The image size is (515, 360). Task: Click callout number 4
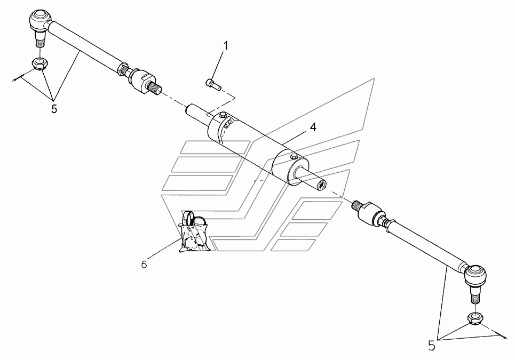click(313, 127)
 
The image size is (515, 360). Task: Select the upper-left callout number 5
click(54, 109)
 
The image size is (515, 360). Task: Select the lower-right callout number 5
click(431, 346)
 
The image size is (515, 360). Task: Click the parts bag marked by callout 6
click(194, 233)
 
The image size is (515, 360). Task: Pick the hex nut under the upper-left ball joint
click(38, 62)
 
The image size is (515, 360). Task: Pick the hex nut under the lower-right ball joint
click(475, 317)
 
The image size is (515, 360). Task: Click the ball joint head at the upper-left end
click(39, 20)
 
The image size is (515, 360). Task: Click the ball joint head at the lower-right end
click(476, 275)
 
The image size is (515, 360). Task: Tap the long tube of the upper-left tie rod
click(85, 46)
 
